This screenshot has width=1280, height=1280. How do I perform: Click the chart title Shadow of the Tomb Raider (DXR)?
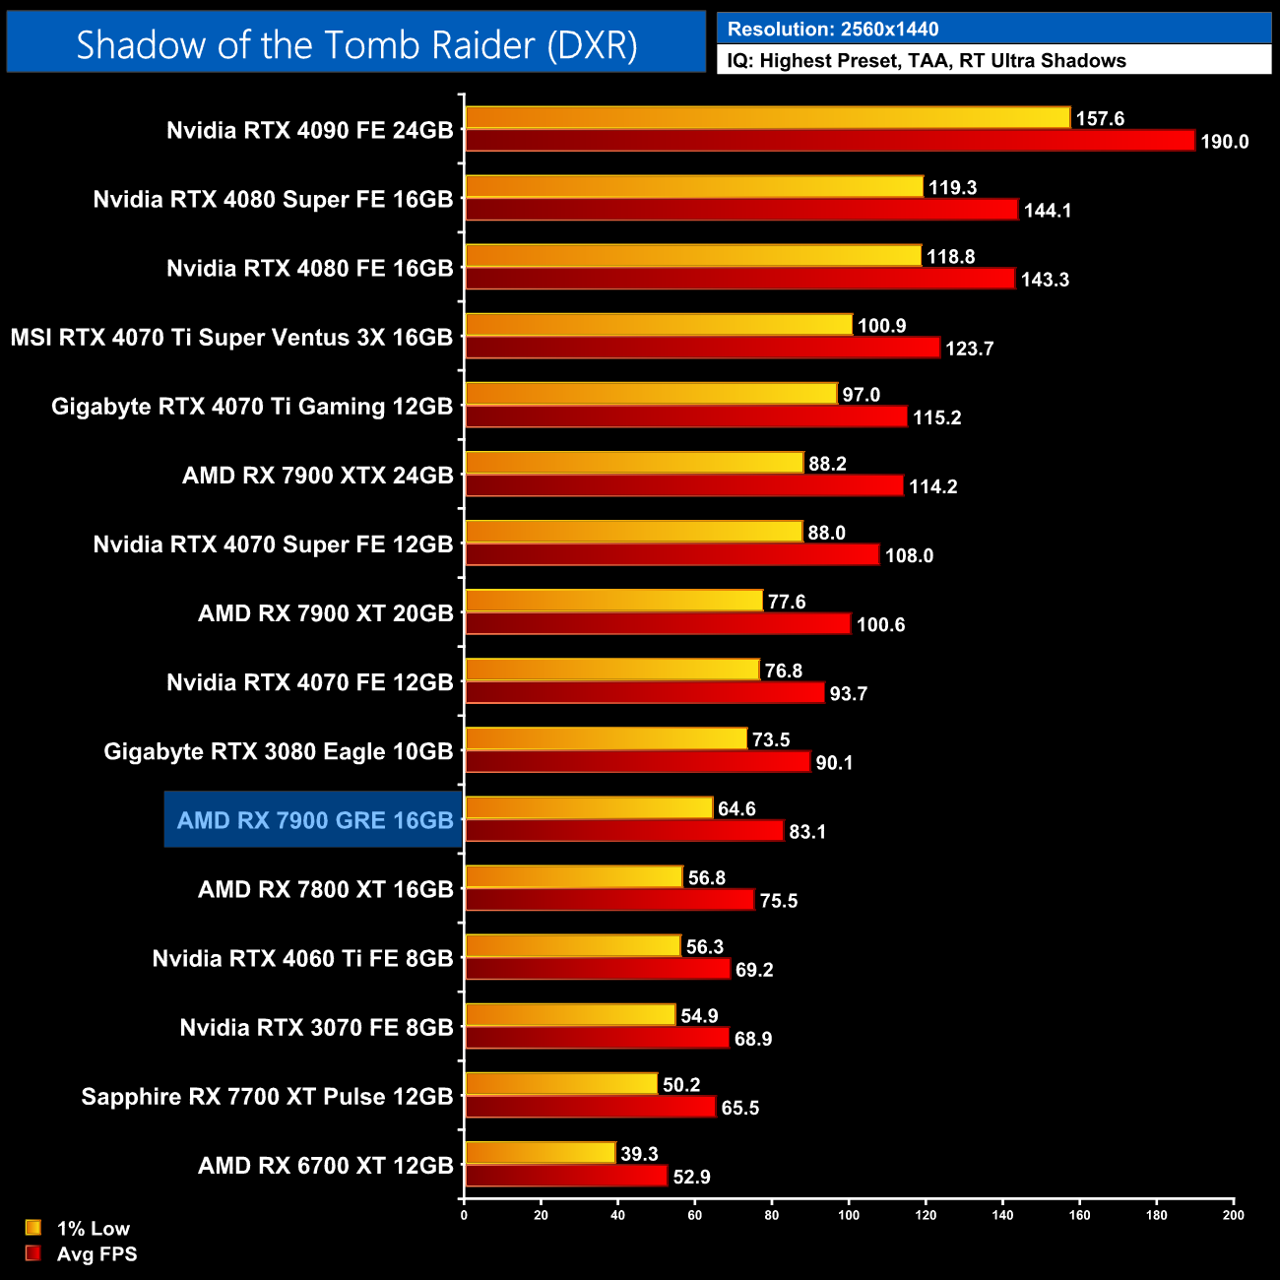(356, 44)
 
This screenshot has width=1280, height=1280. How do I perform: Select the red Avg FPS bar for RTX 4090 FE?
(829, 141)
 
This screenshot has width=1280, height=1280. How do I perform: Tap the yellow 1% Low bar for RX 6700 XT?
(540, 1153)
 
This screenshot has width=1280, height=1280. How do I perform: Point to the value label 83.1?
(807, 832)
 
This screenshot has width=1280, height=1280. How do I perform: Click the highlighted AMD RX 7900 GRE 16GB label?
(314, 820)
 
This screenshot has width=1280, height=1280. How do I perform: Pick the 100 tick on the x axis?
(848, 1215)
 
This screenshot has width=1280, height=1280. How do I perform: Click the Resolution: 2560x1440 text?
(833, 30)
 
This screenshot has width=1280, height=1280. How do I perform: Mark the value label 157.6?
(1100, 119)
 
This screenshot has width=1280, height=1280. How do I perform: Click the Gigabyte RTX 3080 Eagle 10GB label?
(279, 751)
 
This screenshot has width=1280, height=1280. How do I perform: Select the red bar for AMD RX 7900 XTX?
(683, 485)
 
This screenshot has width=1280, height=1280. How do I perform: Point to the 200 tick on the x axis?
(1233, 1215)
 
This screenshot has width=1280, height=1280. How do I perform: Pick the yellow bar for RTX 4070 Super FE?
(633, 532)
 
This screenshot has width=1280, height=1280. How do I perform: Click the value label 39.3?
(639, 1154)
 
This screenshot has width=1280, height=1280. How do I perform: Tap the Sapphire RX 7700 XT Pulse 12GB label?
(267, 1096)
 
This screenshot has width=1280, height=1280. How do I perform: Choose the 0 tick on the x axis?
(464, 1215)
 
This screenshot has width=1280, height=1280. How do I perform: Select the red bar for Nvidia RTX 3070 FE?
(597, 1038)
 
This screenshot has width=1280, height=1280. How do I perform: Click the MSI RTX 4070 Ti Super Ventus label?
(231, 338)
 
